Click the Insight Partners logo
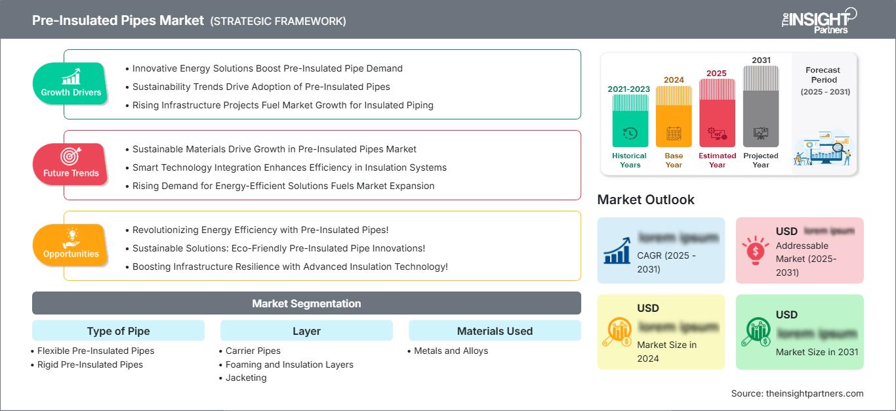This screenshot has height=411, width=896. click(819, 20)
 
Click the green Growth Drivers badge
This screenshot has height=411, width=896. click(71, 83)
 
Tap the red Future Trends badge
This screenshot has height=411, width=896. click(71, 164)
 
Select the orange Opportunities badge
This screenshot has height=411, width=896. click(71, 245)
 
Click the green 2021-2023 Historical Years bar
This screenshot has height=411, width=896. click(629, 121)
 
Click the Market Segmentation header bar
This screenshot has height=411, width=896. click(306, 303)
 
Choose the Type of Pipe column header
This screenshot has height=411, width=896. click(118, 331)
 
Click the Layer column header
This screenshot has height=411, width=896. click(306, 331)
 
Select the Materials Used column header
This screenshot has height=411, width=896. click(495, 331)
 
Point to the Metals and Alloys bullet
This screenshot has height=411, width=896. click(451, 351)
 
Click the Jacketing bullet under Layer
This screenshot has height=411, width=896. click(246, 378)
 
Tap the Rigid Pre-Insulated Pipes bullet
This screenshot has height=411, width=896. click(90, 364)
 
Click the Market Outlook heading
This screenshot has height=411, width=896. click(645, 200)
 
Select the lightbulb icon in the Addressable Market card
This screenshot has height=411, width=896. click(755, 250)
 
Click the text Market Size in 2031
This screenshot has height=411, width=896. click(817, 352)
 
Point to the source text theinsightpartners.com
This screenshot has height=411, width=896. click(797, 393)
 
